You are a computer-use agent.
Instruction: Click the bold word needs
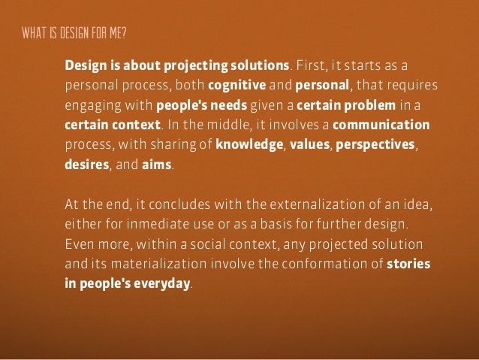(x=238, y=102)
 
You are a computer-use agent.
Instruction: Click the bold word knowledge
(x=249, y=143)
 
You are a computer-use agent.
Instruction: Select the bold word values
(x=309, y=143)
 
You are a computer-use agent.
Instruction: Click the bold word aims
(x=157, y=163)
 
